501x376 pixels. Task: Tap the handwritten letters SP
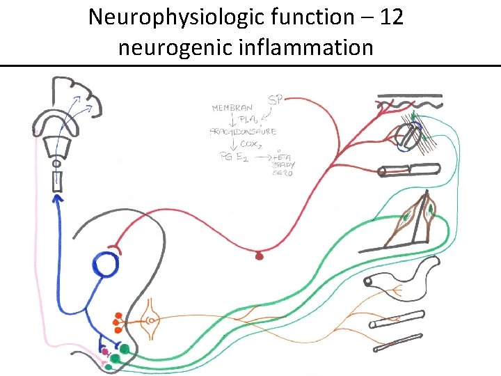click(x=278, y=100)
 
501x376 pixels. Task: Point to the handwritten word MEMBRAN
click(x=232, y=109)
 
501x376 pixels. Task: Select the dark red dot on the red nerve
click(x=260, y=256)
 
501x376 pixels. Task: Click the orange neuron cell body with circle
click(x=151, y=320)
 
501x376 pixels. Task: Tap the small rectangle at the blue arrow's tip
click(x=56, y=182)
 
